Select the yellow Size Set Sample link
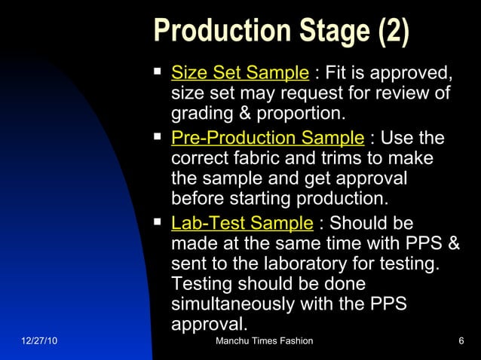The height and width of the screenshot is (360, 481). pyautogui.click(x=240, y=74)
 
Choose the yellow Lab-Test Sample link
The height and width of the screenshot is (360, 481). pyautogui.click(x=242, y=224)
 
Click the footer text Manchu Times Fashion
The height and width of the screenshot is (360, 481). pyautogui.click(x=264, y=343)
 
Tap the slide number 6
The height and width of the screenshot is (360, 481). pyautogui.click(x=461, y=343)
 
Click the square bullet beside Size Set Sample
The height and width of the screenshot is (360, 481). pyautogui.click(x=158, y=72)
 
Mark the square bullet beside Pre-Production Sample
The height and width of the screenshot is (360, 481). pyautogui.click(x=158, y=137)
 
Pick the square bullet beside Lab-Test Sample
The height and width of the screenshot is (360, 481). pyautogui.click(x=158, y=222)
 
